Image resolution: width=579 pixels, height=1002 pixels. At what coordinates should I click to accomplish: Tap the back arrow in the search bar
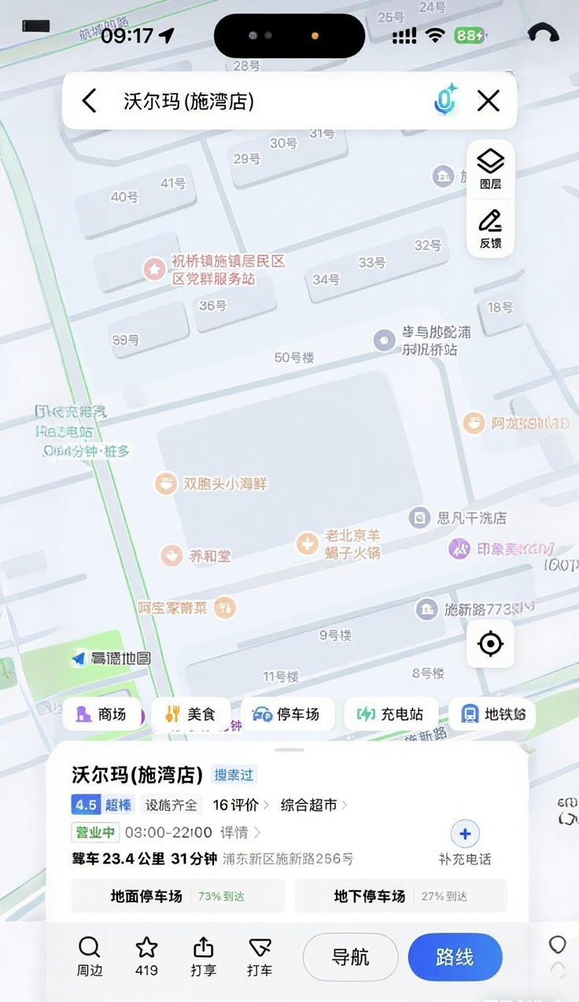click(90, 101)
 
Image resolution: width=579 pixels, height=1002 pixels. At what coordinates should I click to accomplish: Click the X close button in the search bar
click(489, 101)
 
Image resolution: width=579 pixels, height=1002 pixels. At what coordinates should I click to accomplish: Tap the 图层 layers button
click(490, 169)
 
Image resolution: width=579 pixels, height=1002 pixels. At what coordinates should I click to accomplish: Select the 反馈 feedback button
click(490, 228)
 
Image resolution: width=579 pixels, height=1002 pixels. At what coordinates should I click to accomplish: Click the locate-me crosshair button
click(490, 644)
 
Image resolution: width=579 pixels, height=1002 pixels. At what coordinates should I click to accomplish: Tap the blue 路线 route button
click(455, 957)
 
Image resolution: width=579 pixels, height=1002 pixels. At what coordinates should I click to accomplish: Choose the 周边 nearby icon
click(90, 956)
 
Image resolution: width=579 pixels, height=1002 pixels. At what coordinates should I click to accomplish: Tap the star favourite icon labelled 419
click(146, 956)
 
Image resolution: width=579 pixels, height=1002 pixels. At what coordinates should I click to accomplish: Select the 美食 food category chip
click(191, 714)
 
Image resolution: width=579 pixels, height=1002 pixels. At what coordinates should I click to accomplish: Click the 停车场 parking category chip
click(286, 714)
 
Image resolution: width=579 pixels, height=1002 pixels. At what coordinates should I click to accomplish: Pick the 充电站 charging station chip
click(390, 714)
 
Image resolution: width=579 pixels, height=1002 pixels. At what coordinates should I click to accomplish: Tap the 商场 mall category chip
click(101, 714)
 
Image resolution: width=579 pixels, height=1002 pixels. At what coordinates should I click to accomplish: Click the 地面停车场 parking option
click(177, 896)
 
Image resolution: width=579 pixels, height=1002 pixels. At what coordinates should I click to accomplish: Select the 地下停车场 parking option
click(400, 896)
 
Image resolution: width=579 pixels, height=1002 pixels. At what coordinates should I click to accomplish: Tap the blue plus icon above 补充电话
click(465, 834)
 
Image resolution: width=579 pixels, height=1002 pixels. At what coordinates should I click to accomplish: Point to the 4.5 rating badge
click(85, 805)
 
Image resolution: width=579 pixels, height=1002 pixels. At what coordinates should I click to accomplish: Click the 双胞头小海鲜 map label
click(226, 484)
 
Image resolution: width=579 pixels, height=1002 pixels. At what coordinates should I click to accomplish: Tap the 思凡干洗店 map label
click(471, 518)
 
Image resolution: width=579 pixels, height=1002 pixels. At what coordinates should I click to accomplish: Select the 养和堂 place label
click(210, 556)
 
